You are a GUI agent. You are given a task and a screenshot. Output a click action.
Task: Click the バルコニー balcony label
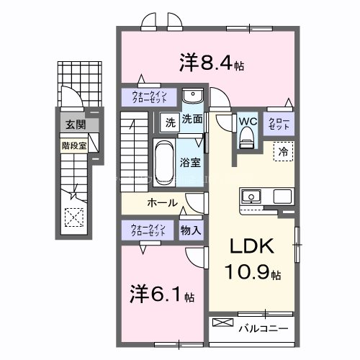(x=264, y=328)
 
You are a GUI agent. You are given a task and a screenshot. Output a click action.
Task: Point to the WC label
(x=247, y=121)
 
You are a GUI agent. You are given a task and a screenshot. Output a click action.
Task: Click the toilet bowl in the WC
(x=248, y=136)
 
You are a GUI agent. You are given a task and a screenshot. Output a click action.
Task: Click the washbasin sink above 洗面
(x=192, y=98)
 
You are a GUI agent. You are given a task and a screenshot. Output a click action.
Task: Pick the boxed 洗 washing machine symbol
(x=169, y=121)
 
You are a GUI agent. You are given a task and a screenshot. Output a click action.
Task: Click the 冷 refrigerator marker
(x=284, y=152)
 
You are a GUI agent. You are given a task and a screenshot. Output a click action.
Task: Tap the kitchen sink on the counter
(x=253, y=196)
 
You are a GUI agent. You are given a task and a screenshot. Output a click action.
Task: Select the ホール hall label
(x=163, y=203)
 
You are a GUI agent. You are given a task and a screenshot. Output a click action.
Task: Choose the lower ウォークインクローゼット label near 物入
(x=148, y=230)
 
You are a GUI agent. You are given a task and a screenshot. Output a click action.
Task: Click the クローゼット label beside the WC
(x=278, y=123)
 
